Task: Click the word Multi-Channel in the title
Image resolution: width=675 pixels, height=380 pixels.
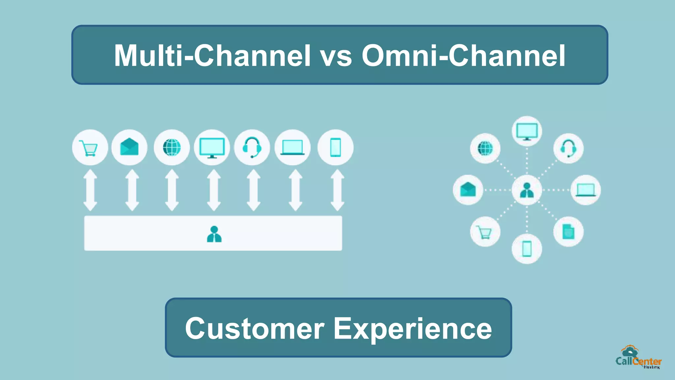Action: tap(212, 55)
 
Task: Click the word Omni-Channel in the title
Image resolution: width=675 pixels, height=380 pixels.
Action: tap(463, 55)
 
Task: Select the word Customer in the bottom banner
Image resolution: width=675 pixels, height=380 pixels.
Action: tap(254, 329)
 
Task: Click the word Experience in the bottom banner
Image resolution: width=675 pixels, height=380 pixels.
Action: tap(413, 329)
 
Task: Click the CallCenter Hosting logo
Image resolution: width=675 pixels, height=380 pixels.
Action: tap(638, 358)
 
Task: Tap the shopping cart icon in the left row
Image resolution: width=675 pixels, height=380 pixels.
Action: tap(90, 147)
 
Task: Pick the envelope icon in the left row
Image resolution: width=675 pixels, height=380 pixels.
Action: tap(130, 147)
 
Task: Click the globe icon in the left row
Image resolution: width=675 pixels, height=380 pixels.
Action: tap(172, 147)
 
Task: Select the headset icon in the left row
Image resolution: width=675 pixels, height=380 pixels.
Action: tap(252, 147)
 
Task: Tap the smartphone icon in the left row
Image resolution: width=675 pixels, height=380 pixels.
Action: tap(336, 147)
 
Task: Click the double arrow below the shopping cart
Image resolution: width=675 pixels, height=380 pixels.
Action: tap(90, 190)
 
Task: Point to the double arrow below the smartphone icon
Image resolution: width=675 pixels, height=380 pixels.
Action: tap(337, 190)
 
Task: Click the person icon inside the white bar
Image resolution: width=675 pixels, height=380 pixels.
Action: tap(214, 234)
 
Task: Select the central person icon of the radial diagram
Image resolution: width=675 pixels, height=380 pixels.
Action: tap(527, 190)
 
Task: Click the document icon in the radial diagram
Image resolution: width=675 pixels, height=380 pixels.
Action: tap(568, 232)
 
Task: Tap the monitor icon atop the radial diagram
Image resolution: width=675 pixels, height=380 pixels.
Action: tap(527, 131)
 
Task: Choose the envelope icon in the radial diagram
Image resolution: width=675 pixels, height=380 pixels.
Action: tap(468, 190)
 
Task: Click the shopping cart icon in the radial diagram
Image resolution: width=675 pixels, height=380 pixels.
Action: tap(485, 232)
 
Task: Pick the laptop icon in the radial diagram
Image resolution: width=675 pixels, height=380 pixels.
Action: tap(586, 190)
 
